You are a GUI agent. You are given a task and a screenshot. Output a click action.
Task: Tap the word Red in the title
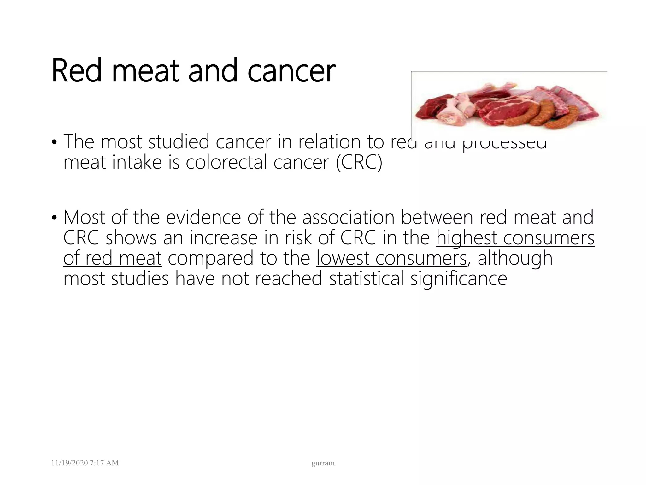click(x=77, y=71)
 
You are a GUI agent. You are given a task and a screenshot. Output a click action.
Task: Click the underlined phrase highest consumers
click(x=515, y=238)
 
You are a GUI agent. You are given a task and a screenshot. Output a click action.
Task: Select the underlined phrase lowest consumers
click(x=391, y=258)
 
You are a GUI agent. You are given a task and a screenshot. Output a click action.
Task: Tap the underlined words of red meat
click(x=112, y=258)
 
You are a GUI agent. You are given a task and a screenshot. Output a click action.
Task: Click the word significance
click(x=459, y=278)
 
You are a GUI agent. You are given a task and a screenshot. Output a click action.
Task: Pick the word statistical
click(x=366, y=278)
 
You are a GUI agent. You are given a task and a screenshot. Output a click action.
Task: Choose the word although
click(x=515, y=258)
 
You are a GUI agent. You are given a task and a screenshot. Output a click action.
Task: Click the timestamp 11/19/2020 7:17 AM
click(x=85, y=463)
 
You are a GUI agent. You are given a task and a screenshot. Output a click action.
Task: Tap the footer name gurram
click(x=323, y=463)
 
